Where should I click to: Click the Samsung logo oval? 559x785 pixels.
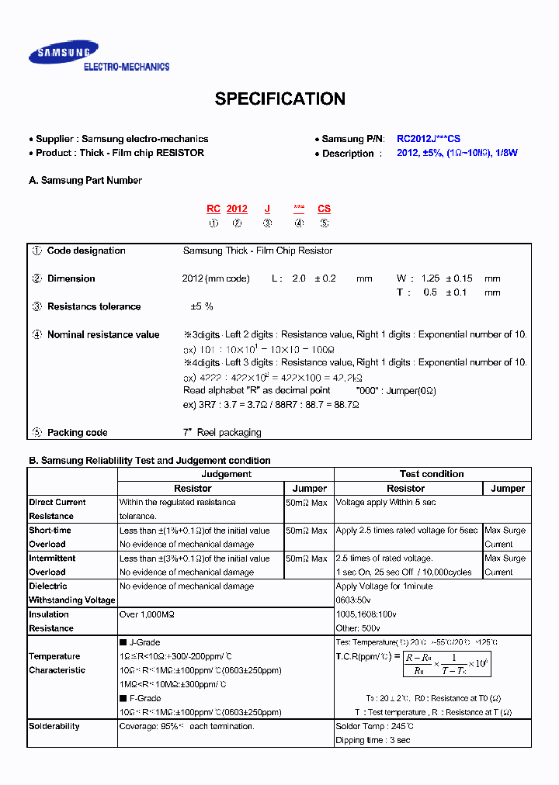click(x=64, y=53)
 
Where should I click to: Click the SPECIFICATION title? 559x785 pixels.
click(x=279, y=99)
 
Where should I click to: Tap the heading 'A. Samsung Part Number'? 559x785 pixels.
click(x=85, y=181)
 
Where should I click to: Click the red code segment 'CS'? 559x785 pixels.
click(x=324, y=209)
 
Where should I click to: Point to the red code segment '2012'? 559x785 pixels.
click(x=237, y=209)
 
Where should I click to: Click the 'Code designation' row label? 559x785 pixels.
click(x=86, y=251)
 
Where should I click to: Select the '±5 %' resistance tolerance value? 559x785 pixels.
click(x=202, y=306)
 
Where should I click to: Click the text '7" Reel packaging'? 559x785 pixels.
click(x=222, y=433)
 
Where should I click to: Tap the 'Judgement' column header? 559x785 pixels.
click(x=226, y=474)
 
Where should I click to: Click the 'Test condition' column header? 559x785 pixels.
click(x=432, y=474)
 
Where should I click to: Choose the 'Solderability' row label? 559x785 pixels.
click(x=54, y=727)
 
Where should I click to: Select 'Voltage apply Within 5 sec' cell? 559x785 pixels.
click(x=386, y=503)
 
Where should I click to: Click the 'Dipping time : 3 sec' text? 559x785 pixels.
click(x=373, y=741)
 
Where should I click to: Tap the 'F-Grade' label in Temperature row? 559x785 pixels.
click(x=144, y=698)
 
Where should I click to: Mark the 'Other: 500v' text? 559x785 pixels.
click(x=359, y=628)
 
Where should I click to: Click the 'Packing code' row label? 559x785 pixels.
click(x=77, y=433)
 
